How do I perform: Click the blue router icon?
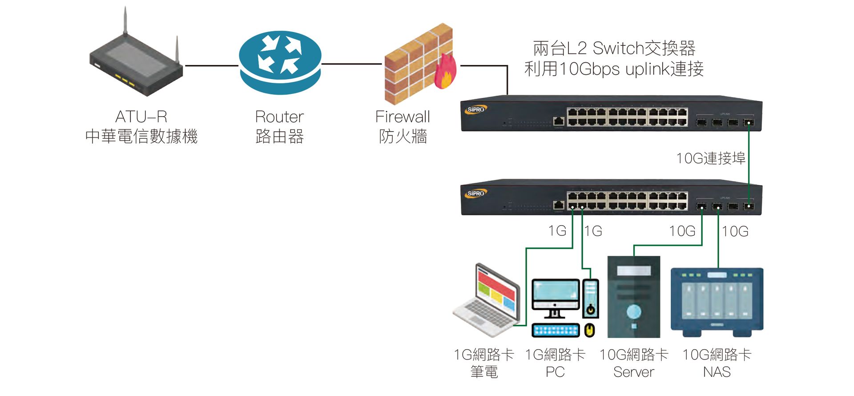pos(280,62)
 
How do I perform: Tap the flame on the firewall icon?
pos(445,73)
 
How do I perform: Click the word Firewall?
pos(403,117)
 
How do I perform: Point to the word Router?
pos(279,117)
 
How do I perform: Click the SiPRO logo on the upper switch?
pos(476,109)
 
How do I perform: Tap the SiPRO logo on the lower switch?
pos(476,193)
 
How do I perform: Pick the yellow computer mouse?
pos(589,330)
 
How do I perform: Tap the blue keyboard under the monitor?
pos(556,330)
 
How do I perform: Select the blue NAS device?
pos(717,301)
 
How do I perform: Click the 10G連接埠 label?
pos(710,158)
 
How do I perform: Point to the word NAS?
pos(717,372)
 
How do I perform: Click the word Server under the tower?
pos(633,372)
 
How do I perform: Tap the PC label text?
pos(555,372)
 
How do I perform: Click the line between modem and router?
pos(211,65)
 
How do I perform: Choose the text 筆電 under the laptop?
pos(484,372)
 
